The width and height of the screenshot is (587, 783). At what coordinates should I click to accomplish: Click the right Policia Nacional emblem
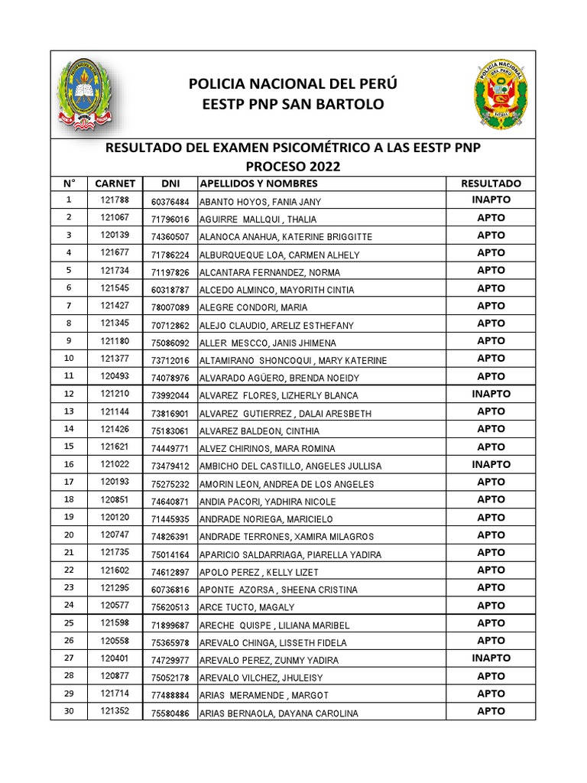500,95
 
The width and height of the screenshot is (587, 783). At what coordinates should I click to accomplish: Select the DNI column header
170,184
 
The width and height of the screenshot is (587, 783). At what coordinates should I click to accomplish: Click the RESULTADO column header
491,184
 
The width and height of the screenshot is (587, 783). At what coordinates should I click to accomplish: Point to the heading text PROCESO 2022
293,166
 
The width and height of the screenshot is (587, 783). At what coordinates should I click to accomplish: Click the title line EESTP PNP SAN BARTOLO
293,104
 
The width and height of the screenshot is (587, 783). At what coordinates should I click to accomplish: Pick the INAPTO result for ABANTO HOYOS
491,200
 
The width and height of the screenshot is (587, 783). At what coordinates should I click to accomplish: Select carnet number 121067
115,218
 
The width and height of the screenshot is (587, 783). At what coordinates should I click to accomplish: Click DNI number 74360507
170,237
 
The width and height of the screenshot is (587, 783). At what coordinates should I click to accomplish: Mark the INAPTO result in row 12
491,395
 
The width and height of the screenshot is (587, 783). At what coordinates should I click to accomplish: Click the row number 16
70,465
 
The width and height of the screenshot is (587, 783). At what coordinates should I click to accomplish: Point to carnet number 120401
115,658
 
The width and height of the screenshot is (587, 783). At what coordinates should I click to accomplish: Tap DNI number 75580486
170,714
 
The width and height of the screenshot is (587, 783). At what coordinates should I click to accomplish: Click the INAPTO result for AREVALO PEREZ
491,658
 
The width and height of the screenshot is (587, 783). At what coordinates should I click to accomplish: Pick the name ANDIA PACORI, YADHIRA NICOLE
267,501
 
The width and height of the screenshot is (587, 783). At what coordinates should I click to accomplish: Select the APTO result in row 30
491,711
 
